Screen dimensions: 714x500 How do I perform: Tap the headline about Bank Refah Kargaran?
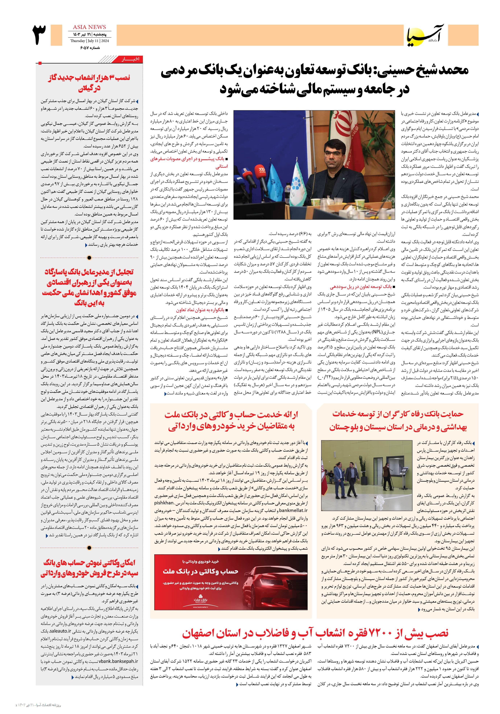(x=398, y=421)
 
